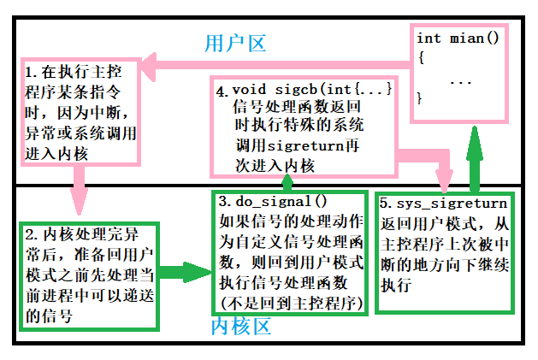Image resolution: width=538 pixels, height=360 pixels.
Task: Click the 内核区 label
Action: click(x=242, y=327)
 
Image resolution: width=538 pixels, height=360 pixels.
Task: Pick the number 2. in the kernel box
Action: click(x=31, y=233)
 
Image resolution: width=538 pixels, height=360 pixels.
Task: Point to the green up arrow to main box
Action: click(x=472, y=158)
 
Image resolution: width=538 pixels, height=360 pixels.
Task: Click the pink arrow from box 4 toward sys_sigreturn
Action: click(x=419, y=162)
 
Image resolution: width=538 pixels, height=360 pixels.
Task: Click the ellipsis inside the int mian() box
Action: click(x=460, y=82)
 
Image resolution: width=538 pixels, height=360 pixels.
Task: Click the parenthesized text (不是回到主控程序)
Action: click(x=291, y=302)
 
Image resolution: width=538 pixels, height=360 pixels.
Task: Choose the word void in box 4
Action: click(x=251, y=90)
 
